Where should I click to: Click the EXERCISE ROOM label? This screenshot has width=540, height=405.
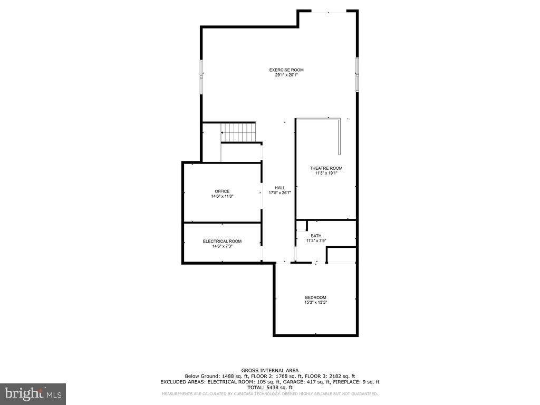(x=286, y=70)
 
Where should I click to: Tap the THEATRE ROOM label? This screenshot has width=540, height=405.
(x=325, y=168)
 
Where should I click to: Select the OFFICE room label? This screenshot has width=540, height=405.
(x=222, y=191)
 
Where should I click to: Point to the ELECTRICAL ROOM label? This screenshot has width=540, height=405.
(x=222, y=241)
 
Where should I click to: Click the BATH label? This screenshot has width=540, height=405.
(x=316, y=236)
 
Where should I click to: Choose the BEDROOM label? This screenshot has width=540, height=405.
(x=315, y=297)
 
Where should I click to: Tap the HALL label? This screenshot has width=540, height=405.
(x=279, y=188)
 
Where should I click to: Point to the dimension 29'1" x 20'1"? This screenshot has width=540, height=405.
(x=286, y=75)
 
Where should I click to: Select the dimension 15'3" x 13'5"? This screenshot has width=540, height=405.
(x=315, y=303)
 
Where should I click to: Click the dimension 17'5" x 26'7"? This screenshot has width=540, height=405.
(x=279, y=193)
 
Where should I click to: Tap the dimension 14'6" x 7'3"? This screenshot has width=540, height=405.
(x=222, y=246)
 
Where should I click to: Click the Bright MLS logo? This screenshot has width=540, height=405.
(x=33, y=393)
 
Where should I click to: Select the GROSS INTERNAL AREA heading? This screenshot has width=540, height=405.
(x=269, y=370)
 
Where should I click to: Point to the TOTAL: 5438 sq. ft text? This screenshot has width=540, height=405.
(x=269, y=388)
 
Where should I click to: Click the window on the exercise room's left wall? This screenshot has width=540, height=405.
(x=201, y=77)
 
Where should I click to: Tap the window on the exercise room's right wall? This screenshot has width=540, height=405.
(x=357, y=74)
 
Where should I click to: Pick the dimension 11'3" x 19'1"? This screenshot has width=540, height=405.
(x=325, y=173)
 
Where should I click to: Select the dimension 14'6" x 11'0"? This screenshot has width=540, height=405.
(x=222, y=196)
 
